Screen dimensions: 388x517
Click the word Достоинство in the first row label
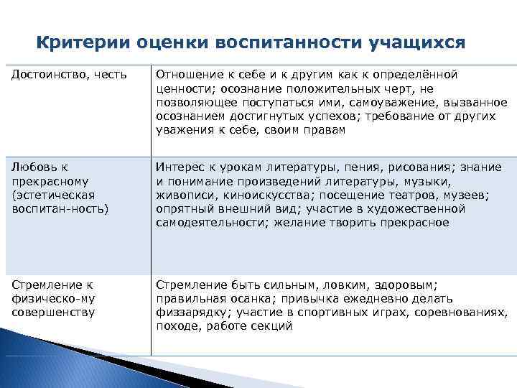pyautogui.click(x=45, y=75)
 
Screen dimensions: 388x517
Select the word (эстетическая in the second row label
pyautogui.click(x=46, y=195)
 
